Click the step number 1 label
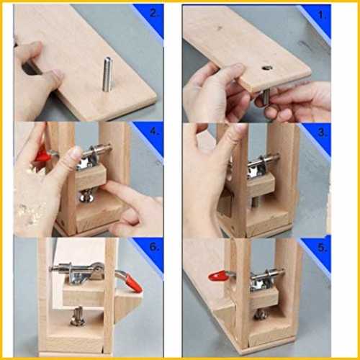(x=322, y=15)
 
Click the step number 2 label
(x=154, y=13)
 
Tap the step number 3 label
(x=323, y=132)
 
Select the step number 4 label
(x=155, y=132)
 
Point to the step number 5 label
(x=323, y=248)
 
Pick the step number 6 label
(x=155, y=247)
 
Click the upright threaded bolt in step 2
(x=107, y=74)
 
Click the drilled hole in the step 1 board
(x=266, y=68)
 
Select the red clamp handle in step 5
(x=218, y=276)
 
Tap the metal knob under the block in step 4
(x=86, y=197)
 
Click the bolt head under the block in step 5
(x=261, y=315)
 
